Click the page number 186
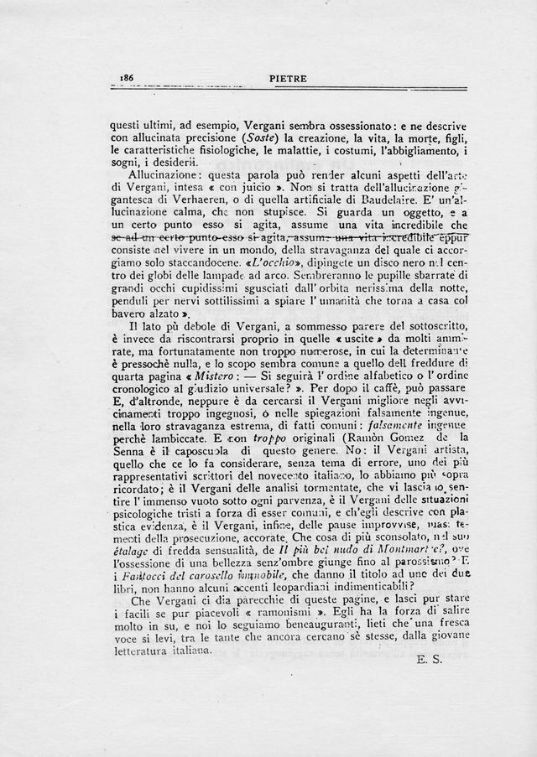[128, 77]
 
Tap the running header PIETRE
[289, 79]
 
